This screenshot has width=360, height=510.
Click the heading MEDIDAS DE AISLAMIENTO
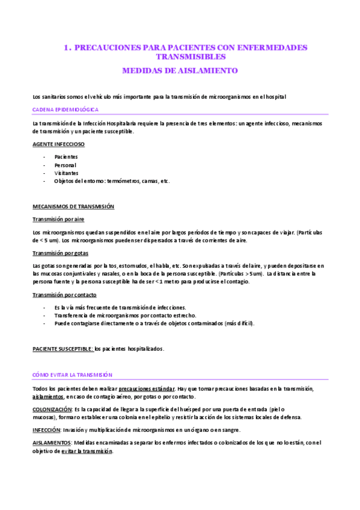click(x=180, y=70)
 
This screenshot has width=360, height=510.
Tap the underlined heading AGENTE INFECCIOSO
click(x=58, y=144)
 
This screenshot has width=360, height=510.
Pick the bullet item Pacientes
click(x=66, y=156)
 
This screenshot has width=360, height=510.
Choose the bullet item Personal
click(x=65, y=165)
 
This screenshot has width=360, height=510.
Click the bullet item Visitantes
click(x=66, y=173)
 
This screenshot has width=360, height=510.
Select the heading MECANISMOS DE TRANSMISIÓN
click(x=73, y=206)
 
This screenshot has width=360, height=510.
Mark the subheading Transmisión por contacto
click(x=64, y=295)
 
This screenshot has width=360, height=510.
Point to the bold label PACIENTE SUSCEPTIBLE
click(x=63, y=349)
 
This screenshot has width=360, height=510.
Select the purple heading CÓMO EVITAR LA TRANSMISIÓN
click(x=72, y=375)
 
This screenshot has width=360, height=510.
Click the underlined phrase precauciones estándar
click(x=147, y=389)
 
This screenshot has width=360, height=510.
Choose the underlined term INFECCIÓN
click(x=45, y=430)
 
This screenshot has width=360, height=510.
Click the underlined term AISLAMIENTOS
click(x=50, y=443)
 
